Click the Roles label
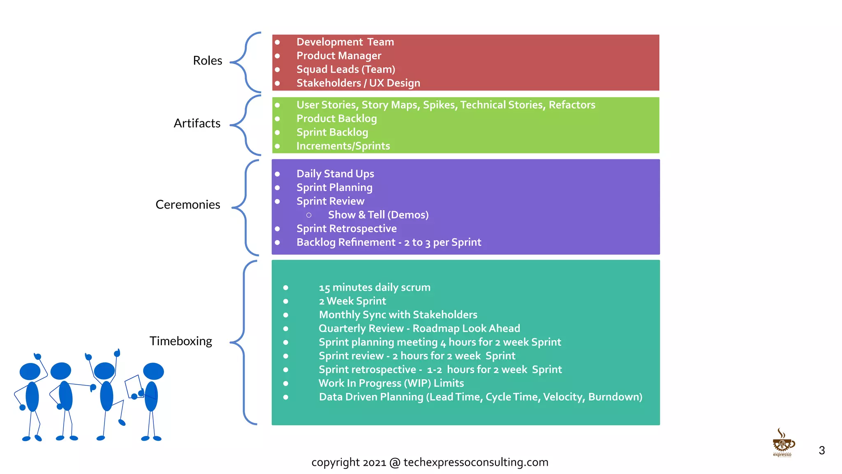tap(208, 60)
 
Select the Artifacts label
tap(197, 123)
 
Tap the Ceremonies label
tap(188, 204)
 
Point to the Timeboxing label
tap(181, 341)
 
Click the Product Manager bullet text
tap(339, 56)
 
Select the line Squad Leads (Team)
tap(346, 69)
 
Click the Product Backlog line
tap(336, 118)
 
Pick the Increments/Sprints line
tap(343, 146)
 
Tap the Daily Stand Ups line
tap(335, 174)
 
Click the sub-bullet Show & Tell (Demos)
tap(378, 215)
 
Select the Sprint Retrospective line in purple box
tap(347, 228)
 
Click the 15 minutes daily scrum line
tap(375, 287)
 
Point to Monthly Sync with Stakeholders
tap(398, 315)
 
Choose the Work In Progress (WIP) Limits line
tap(391, 383)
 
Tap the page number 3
tap(821, 450)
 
